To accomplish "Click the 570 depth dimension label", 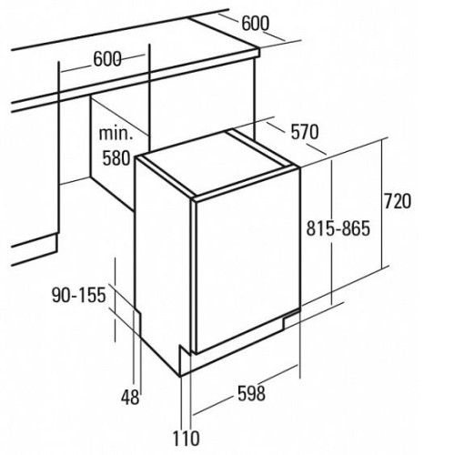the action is (x=305, y=132).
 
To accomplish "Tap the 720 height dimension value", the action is (x=398, y=201).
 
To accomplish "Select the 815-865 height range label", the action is (x=339, y=228).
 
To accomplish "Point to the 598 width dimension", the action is (x=251, y=393).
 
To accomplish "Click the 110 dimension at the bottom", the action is (x=186, y=438).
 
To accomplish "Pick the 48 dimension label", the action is (x=130, y=397).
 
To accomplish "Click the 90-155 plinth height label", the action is (x=79, y=295).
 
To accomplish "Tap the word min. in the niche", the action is (x=116, y=134).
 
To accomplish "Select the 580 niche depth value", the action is (x=116, y=158).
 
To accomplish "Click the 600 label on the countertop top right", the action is (x=255, y=23).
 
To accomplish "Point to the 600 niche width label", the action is (x=107, y=59).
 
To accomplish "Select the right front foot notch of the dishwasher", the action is (x=290, y=319).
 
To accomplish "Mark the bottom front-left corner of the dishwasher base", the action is (x=181, y=376).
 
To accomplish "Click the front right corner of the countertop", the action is (x=259, y=56).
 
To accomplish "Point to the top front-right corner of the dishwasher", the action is (x=300, y=167).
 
